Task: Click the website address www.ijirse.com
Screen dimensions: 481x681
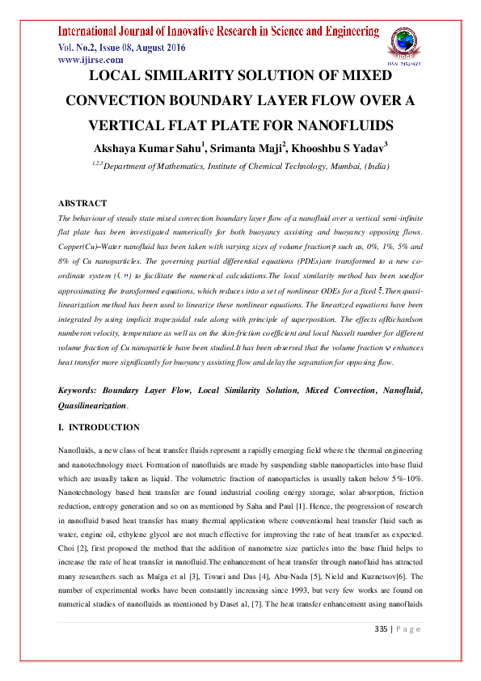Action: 90,60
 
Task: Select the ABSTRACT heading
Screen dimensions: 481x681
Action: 82,204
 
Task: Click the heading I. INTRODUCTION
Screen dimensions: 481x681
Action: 99,428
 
